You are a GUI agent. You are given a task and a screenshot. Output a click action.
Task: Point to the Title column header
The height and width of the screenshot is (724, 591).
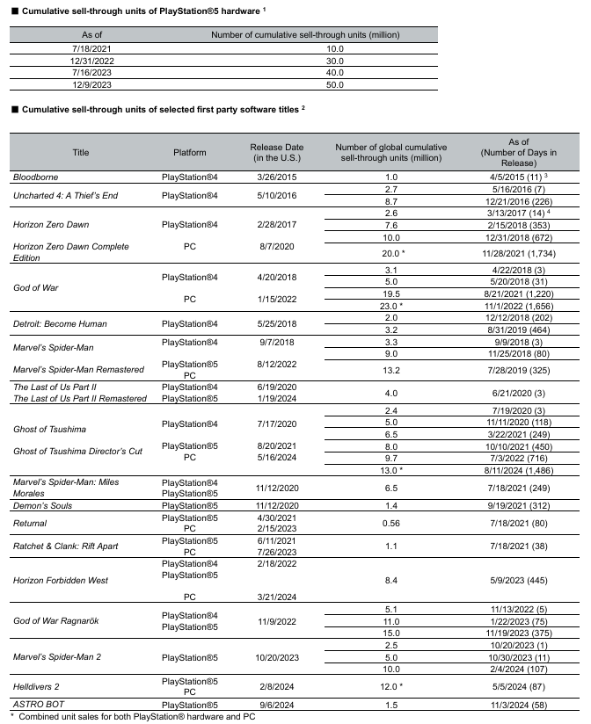pyautogui.click(x=81, y=152)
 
